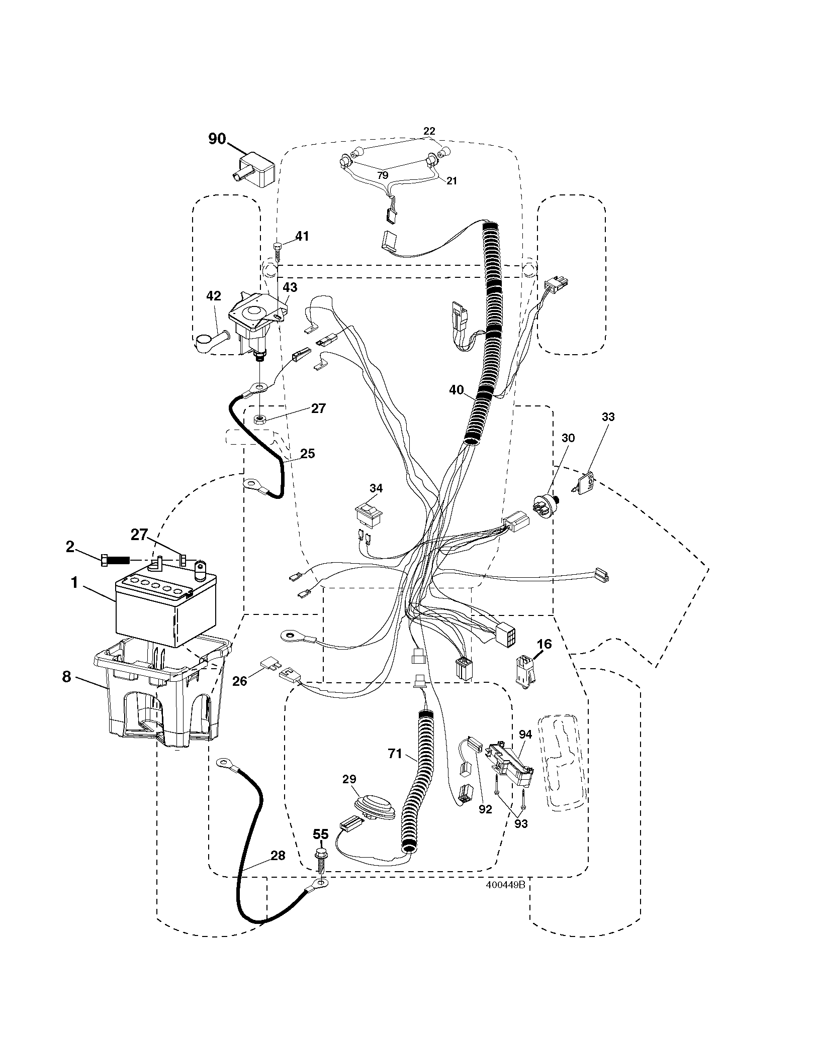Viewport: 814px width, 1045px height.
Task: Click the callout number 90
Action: pos(217,139)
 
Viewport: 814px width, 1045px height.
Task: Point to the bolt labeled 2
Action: pos(115,560)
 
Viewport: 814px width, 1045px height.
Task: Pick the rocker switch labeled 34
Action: pos(370,513)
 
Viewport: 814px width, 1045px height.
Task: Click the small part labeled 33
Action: pos(583,483)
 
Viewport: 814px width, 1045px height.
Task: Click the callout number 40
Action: pos(457,389)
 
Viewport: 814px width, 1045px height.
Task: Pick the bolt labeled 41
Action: pos(277,251)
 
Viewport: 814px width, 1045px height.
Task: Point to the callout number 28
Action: pos(278,856)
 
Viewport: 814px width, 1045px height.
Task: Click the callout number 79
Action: pos(383,175)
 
